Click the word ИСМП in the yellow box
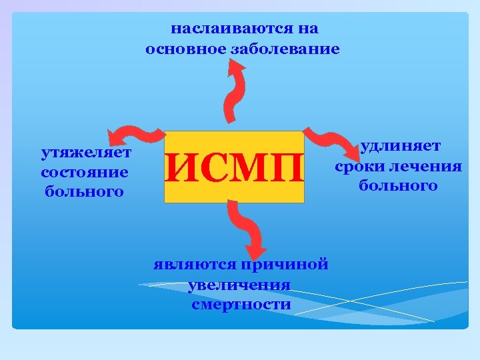[234, 167]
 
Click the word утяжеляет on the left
[86, 154]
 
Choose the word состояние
[85, 173]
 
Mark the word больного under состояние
[85, 193]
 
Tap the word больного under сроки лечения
[398, 185]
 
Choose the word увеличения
[239, 285]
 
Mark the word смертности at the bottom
[241, 305]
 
